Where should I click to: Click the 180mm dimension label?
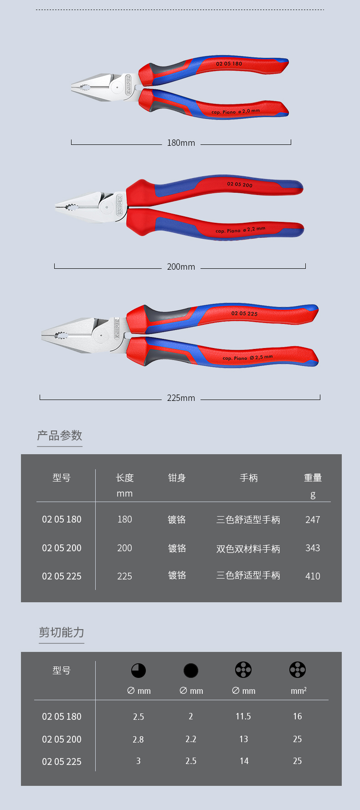[181, 143]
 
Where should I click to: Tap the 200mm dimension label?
[181, 267]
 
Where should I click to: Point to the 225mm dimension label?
[181, 398]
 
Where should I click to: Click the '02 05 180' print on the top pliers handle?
[229, 64]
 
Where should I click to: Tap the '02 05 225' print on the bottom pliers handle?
[244, 313]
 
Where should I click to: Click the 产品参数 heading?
[60, 436]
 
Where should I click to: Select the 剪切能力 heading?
[62, 632]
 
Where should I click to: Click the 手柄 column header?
[249, 478]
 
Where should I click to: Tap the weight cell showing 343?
[313, 548]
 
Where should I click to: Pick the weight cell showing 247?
[313, 520]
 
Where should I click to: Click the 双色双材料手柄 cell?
[248, 549]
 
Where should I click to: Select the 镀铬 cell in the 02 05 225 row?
[177, 575]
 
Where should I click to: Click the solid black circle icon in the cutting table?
[191, 671]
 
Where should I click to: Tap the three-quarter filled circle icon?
[139, 671]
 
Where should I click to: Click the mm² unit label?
[298, 691]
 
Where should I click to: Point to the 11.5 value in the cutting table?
[243, 717]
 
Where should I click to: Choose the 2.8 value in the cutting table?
[138, 739]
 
